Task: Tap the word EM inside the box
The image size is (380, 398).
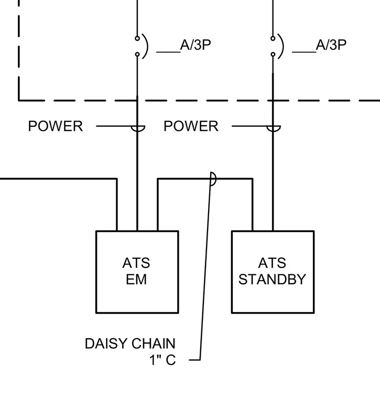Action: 136,280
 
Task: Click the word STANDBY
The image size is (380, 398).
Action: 273,280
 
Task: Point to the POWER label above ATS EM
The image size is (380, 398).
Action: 56,126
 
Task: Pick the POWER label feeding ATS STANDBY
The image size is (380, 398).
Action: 191,126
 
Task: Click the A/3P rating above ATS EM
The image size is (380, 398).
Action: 196,45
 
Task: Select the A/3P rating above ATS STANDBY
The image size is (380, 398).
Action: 331,45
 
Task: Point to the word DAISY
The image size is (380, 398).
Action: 106,344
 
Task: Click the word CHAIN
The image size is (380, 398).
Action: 154,344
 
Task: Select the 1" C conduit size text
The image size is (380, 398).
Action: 162,360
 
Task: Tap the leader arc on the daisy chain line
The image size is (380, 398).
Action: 215,179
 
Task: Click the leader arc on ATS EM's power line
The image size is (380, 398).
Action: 138,131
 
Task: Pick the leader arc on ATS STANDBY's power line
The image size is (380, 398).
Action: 274,131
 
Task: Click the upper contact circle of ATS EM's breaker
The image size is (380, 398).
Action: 137,38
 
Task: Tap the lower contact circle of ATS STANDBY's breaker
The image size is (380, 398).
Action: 273,54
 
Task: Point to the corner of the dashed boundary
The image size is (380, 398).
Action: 19,101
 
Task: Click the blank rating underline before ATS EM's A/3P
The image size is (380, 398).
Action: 168,52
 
